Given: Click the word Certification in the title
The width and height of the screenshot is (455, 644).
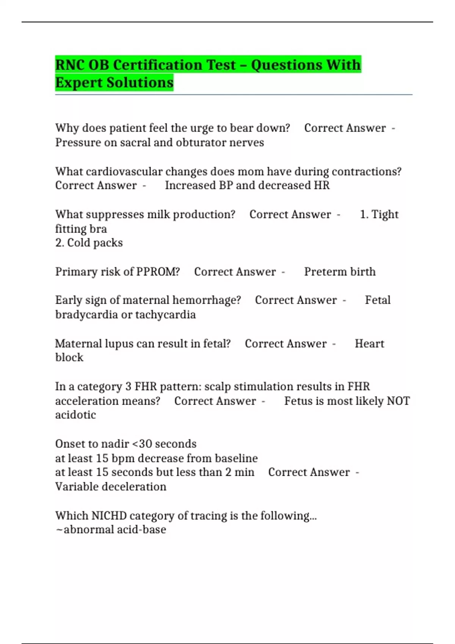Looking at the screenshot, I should tap(174, 65).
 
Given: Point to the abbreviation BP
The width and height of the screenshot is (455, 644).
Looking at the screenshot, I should tap(226, 185).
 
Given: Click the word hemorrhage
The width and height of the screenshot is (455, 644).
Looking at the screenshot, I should tap(206, 300).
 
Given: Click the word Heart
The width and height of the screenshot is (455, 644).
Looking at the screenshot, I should tap(369, 344).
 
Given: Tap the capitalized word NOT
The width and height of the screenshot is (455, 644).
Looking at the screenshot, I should tap(398, 401).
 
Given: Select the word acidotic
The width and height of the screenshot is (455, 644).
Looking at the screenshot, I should tap(75, 415).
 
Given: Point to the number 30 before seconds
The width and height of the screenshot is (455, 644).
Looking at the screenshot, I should tap(146, 444).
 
